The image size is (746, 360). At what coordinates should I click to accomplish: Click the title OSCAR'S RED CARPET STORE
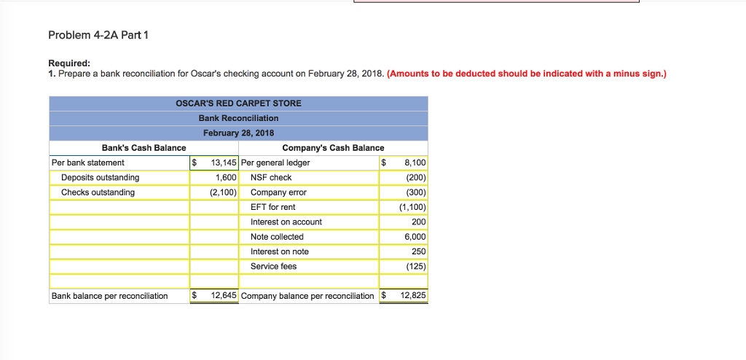click(238, 103)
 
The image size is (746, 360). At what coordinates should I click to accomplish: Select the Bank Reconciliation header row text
click(238, 118)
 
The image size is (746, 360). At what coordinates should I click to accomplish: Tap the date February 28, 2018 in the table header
click(238, 133)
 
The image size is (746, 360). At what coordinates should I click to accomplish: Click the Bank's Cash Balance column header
click(144, 148)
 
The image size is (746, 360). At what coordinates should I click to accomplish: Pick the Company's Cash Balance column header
click(333, 148)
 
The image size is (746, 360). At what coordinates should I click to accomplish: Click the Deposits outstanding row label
click(100, 178)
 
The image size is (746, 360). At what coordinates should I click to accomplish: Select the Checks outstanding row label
click(98, 192)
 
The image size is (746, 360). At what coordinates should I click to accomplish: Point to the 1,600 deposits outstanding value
click(226, 178)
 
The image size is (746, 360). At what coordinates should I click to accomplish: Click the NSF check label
click(271, 178)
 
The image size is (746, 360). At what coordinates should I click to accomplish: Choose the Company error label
click(278, 192)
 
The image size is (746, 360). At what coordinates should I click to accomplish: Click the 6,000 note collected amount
click(414, 237)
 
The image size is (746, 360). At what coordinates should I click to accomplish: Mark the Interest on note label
click(279, 251)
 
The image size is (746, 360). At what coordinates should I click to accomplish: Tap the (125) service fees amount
click(415, 266)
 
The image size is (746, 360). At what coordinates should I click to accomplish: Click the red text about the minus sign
click(527, 74)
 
